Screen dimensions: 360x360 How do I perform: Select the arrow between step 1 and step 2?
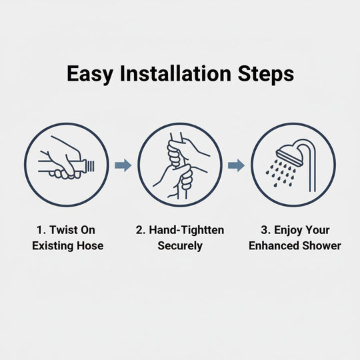click(123, 165)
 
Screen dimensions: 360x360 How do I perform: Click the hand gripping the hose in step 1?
click(67, 160)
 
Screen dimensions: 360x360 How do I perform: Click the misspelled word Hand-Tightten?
click(186, 230)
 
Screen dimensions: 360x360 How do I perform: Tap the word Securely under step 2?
click(180, 245)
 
